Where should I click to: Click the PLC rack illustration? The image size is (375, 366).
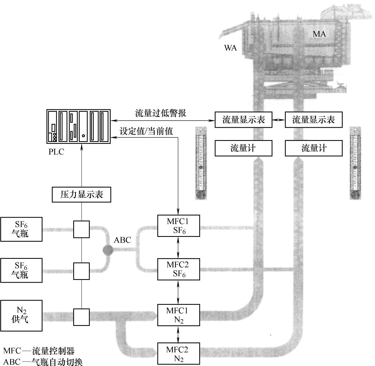coord(79,126)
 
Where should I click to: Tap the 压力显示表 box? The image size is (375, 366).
coord(81,194)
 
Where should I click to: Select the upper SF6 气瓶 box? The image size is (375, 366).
coord(21,229)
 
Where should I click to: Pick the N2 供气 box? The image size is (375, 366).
coord(21,315)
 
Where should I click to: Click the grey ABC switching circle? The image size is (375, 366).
coord(108,250)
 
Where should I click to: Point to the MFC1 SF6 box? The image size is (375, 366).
coord(178,226)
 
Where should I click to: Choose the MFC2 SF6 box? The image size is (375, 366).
coord(178,269)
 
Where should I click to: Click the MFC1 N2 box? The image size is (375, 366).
coord(178,315)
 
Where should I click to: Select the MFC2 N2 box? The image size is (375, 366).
coord(178,353)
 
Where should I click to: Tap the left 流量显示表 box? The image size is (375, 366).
coord(243,120)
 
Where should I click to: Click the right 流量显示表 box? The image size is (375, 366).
coord(314,120)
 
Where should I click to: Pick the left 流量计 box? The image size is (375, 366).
coord(243,148)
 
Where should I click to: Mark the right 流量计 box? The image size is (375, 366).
coord(314,148)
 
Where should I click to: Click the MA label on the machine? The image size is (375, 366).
coord(319,34)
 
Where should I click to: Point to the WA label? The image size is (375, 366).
coord(230,48)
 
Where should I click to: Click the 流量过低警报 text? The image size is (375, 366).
coord(161,113)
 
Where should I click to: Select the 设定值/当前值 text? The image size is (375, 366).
coord(146,131)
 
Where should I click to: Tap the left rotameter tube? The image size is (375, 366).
coord(201,163)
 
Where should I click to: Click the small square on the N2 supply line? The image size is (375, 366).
coord(81,317)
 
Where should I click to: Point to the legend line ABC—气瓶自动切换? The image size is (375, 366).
coord(43,362)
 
